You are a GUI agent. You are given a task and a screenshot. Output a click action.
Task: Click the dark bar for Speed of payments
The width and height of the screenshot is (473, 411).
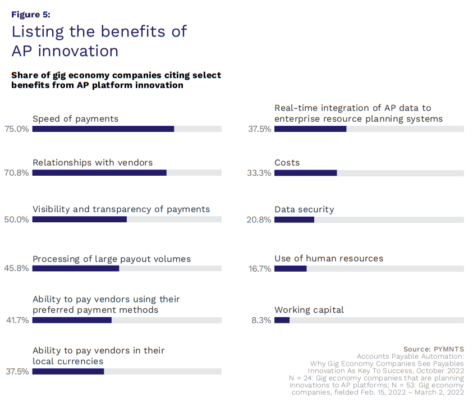point(103,129)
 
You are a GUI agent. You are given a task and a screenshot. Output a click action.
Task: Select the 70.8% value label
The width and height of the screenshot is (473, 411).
point(16,173)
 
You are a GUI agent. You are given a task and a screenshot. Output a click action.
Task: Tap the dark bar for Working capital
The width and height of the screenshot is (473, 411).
point(282,320)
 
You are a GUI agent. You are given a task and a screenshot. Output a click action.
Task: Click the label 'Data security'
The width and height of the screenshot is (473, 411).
point(304,209)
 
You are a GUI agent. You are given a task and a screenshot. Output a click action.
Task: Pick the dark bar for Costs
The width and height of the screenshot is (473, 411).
point(305,173)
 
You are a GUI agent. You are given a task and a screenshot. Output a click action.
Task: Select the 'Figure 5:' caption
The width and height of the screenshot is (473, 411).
point(31,15)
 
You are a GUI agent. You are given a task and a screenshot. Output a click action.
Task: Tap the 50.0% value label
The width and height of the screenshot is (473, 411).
point(16,220)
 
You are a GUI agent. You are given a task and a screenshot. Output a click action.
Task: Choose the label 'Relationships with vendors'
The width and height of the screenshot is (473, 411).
point(93,162)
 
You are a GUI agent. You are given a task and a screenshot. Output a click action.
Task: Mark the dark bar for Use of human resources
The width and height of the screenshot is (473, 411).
point(290,268)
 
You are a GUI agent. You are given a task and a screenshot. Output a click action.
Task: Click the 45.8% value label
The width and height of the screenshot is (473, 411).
point(16,268)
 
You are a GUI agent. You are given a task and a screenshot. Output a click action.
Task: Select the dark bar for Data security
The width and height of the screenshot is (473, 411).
point(294,220)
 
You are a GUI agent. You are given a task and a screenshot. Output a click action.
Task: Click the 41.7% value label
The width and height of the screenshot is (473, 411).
point(16,320)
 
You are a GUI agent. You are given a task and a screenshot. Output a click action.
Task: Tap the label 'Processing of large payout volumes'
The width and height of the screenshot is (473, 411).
point(112,259)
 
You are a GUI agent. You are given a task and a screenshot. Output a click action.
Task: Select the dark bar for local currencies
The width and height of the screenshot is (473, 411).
point(68,371)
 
